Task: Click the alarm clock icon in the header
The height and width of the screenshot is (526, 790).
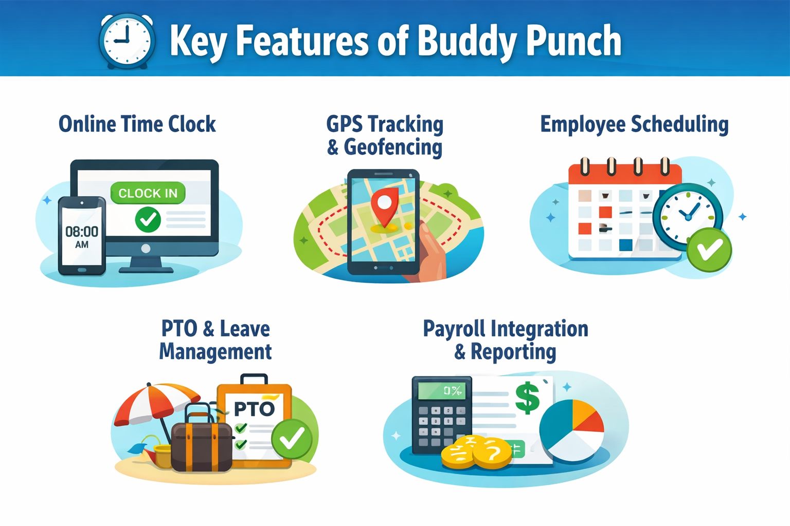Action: (127, 41)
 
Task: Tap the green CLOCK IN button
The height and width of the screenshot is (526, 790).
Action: (148, 193)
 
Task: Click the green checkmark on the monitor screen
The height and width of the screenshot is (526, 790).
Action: (148, 220)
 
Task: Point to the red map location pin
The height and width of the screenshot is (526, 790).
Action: (385, 205)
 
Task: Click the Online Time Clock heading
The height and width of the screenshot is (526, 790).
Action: (137, 124)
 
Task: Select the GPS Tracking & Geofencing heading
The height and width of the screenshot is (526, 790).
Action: (385, 136)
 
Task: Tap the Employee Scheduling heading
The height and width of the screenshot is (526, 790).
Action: (634, 124)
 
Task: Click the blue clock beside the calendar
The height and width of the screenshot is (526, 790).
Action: (688, 216)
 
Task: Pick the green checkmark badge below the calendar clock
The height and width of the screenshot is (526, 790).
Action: (710, 250)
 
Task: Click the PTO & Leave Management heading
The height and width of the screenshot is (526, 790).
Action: (216, 340)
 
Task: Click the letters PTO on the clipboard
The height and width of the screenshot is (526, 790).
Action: (254, 409)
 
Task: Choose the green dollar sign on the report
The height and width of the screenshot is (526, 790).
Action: (527, 398)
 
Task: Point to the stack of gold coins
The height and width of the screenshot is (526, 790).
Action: (476, 452)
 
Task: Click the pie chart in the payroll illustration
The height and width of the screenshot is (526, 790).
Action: (572, 429)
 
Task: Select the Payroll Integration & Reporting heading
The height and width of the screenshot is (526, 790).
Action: (506, 340)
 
